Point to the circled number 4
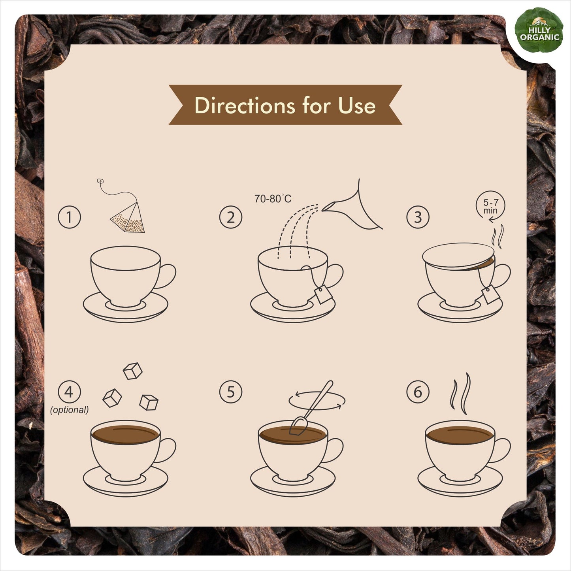pos(69,392)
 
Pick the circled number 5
pos(230,392)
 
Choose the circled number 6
pos(418,392)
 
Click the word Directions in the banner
pos(245,105)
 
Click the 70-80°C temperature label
pos(273,198)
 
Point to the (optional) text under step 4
pos(69,410)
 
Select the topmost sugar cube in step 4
pos(132,371)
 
